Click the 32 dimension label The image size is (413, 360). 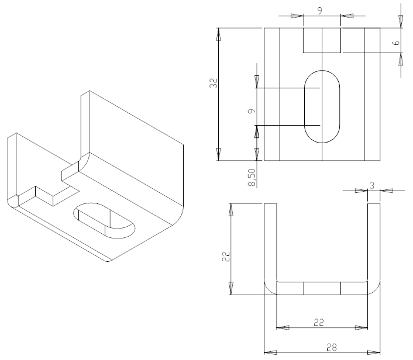(x=214, y=83)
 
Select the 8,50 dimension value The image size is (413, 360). (x=252, y=178)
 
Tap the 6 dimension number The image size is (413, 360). (x=396, y=42)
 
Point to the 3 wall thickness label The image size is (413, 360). (x=372, y=186)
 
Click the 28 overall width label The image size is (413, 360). (x=332, y=348)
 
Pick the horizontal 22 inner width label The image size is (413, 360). (x=318, y=323)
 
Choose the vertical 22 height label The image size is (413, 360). (x=226, y=257)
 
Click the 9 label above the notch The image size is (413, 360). (x=320, y=11)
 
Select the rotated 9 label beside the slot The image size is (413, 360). (x=252, y=111)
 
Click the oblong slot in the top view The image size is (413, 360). (x=322, y=106)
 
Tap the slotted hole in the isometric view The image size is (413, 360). (x=104, y=221)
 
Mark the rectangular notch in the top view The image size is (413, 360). (x=322, y=40)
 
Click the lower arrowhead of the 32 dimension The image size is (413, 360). (x=218, y=154)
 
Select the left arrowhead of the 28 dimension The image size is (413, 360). (x=270, y=352)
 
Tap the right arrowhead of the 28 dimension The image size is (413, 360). (x=374, y=352)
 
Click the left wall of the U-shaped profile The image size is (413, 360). (x=270, y=242)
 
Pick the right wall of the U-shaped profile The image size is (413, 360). (x=374, y=242)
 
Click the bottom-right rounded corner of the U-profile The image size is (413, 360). (x=374, y=289)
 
